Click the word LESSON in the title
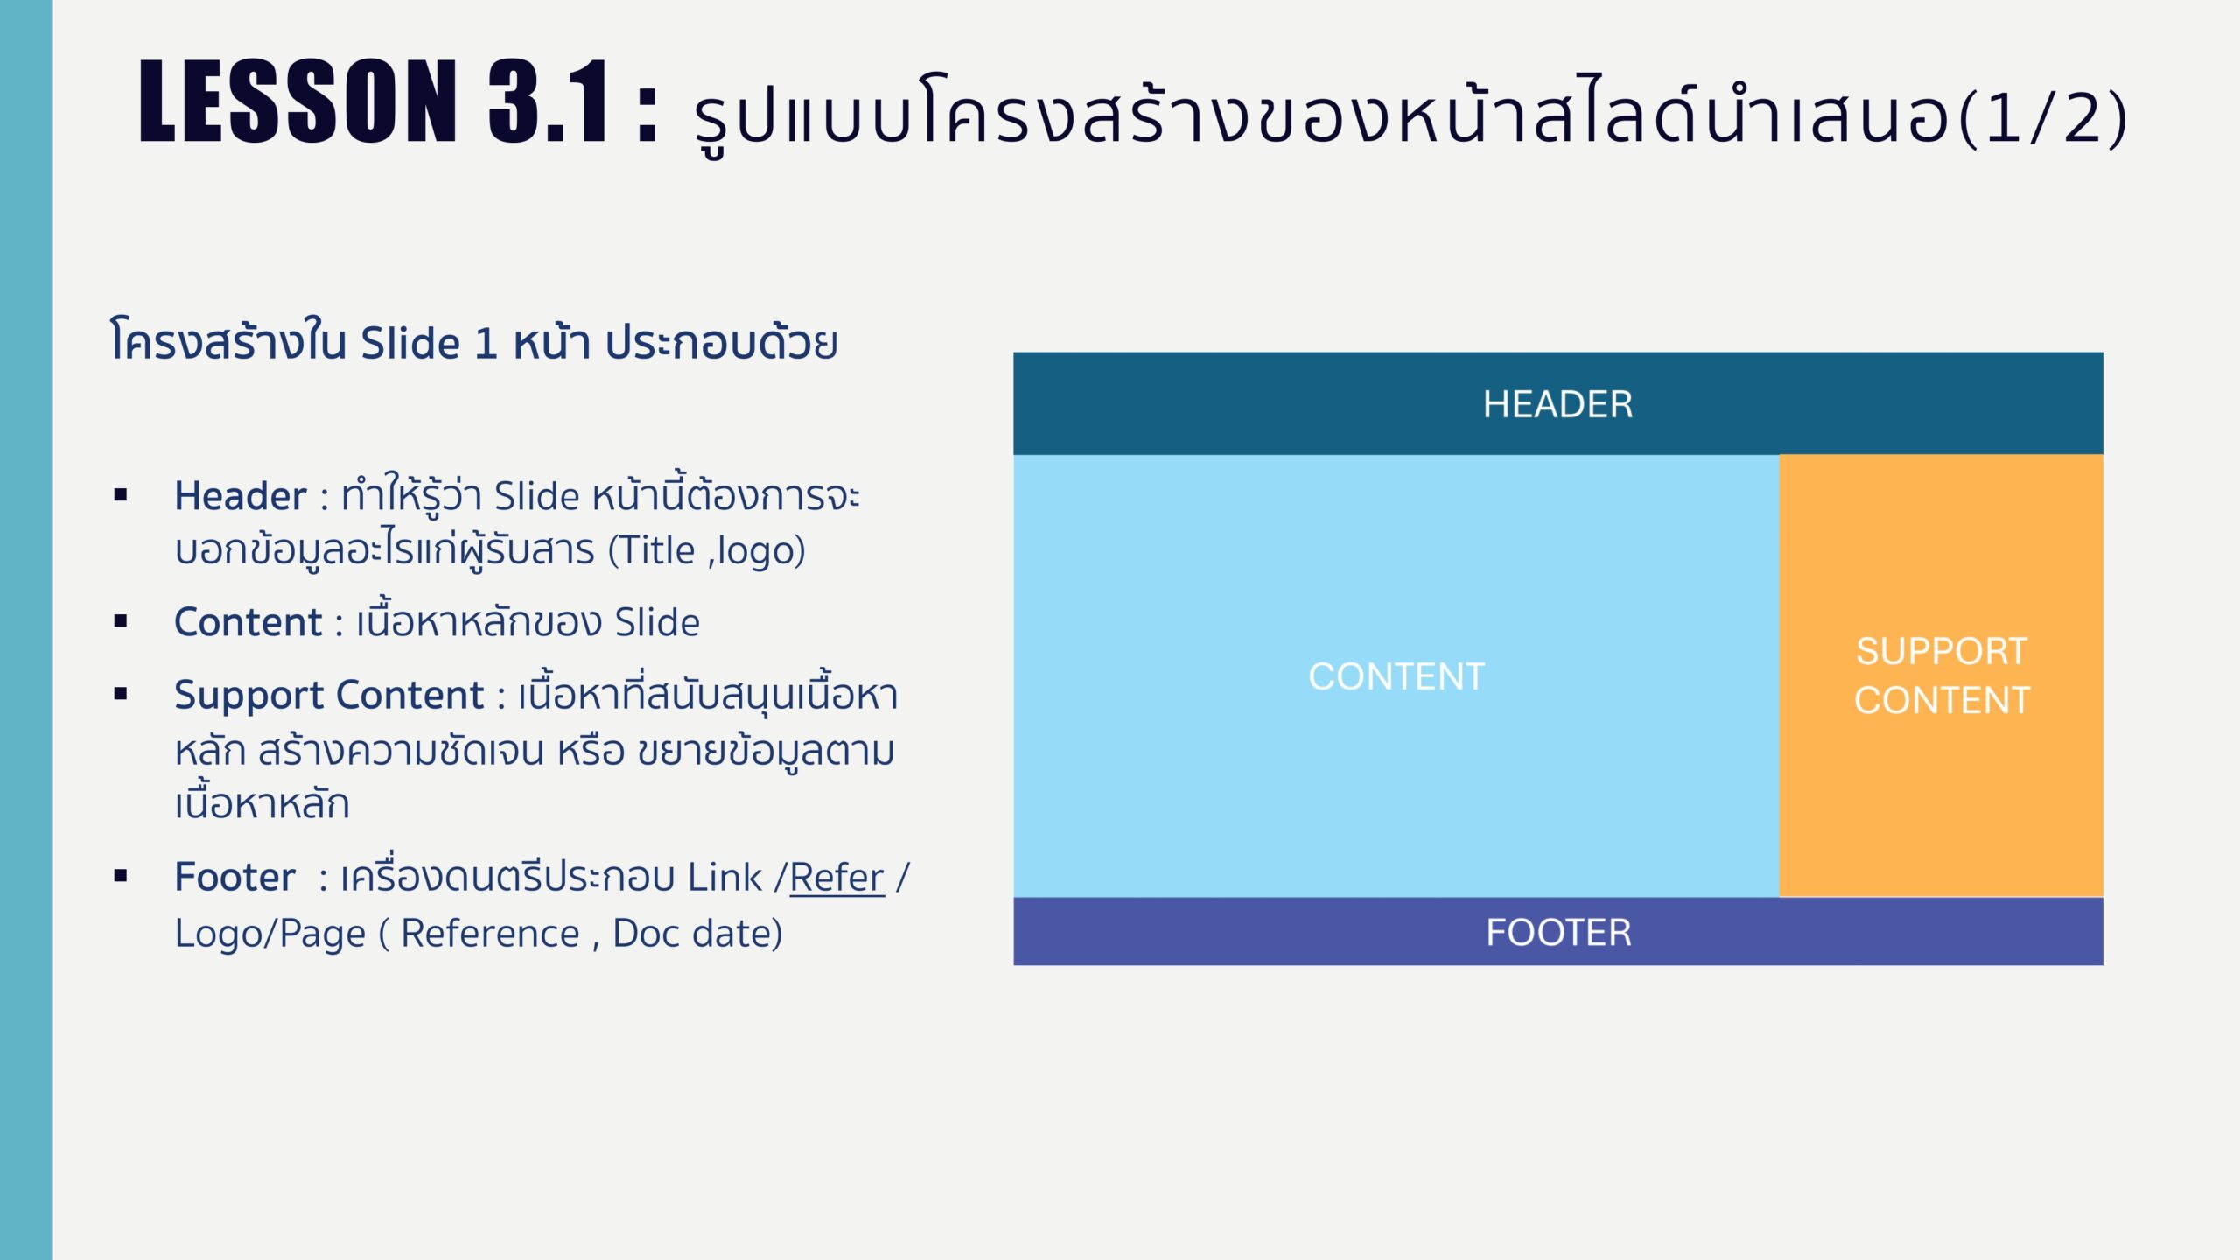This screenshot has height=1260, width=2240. click(297, 101)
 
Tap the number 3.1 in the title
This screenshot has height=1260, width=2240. click(548, 101)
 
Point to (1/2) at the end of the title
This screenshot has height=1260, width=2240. click(2044, 117)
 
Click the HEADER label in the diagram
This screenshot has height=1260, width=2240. click(1557, 404)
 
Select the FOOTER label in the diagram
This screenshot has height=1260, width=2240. click(1558, 932)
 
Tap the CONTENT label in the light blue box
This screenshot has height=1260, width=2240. click(1396, 676)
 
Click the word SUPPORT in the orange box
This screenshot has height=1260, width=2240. click(1942, 651)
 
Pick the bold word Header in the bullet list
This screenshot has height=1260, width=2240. click(241, 496)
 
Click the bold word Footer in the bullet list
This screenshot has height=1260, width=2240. click(234, 877)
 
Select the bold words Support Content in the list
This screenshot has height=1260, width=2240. click(329, 695)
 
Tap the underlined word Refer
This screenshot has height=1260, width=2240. click(836, 878)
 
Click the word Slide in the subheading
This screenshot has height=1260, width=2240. click(410, 343)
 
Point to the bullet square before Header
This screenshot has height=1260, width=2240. click(121, 495)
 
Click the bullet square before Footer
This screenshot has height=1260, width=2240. click(121, 875)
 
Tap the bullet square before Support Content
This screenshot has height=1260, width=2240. click(121, 694)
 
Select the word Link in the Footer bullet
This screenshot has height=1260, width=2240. click(724, 877)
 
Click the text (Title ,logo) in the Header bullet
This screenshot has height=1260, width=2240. click(707, 551)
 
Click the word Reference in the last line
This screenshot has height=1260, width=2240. click(490, 934)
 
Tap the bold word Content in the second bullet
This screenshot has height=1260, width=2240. click(248, 622)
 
